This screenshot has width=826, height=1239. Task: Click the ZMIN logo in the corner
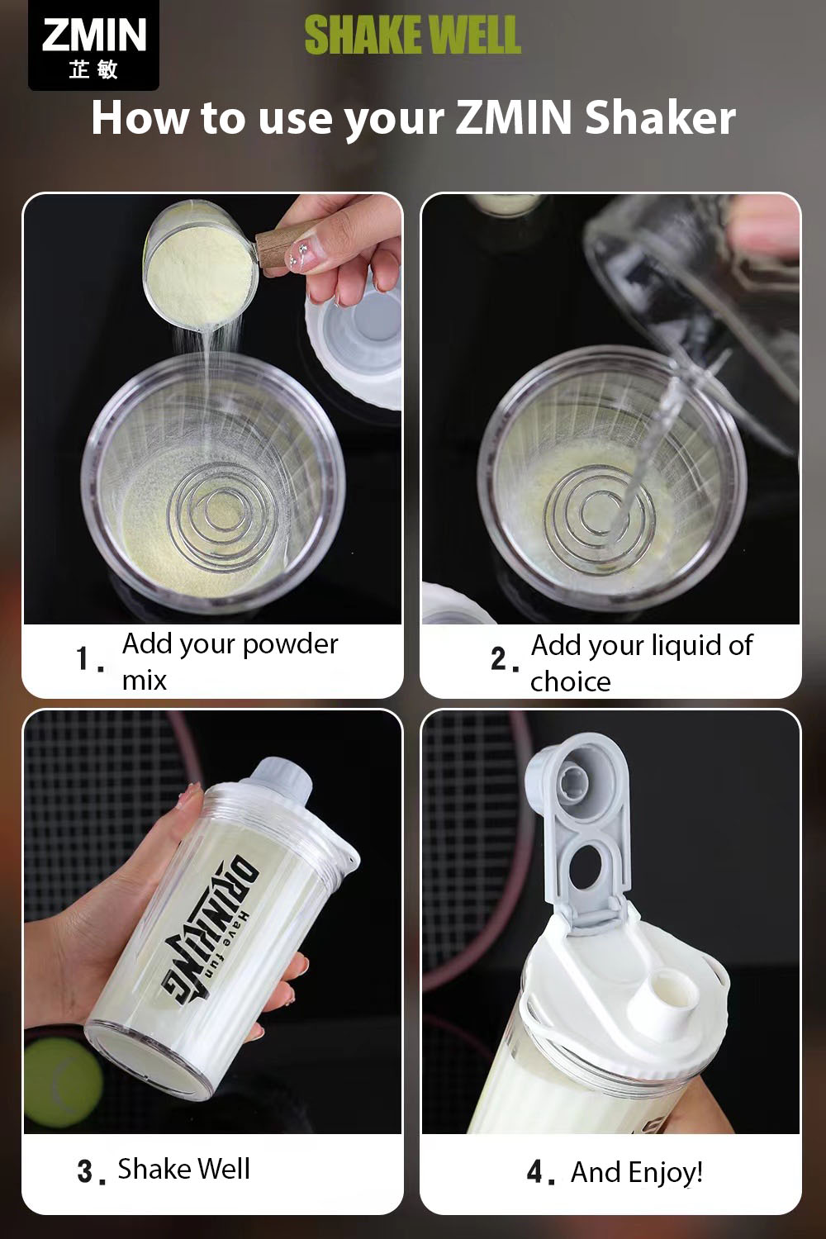coord(93,45)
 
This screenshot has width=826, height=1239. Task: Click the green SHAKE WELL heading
coord(413,35)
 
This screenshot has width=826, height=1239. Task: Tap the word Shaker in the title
coord(661,117)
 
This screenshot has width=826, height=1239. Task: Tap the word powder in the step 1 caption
coord(290,645)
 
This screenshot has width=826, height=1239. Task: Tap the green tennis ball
coord(63,1081)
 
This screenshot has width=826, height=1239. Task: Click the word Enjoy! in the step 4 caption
coord(666,1174)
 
